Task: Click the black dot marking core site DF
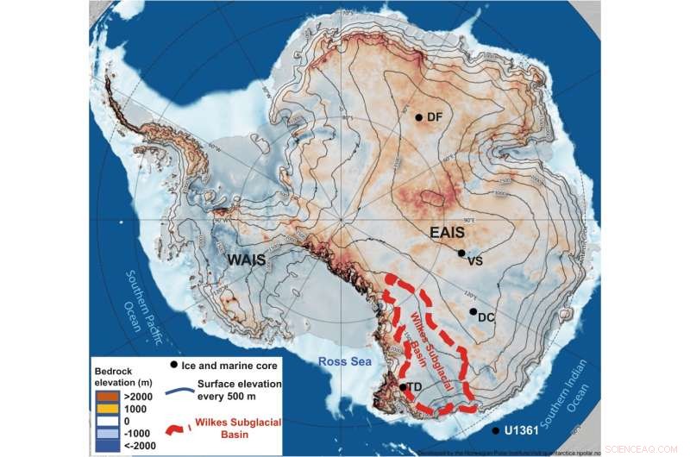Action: pos(418,117)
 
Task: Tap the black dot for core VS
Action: pos(461,253)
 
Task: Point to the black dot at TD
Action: pos(403,387)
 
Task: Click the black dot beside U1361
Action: pos(495,430)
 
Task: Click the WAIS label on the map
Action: pos(244,259)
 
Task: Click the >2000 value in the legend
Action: pos(136,391)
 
